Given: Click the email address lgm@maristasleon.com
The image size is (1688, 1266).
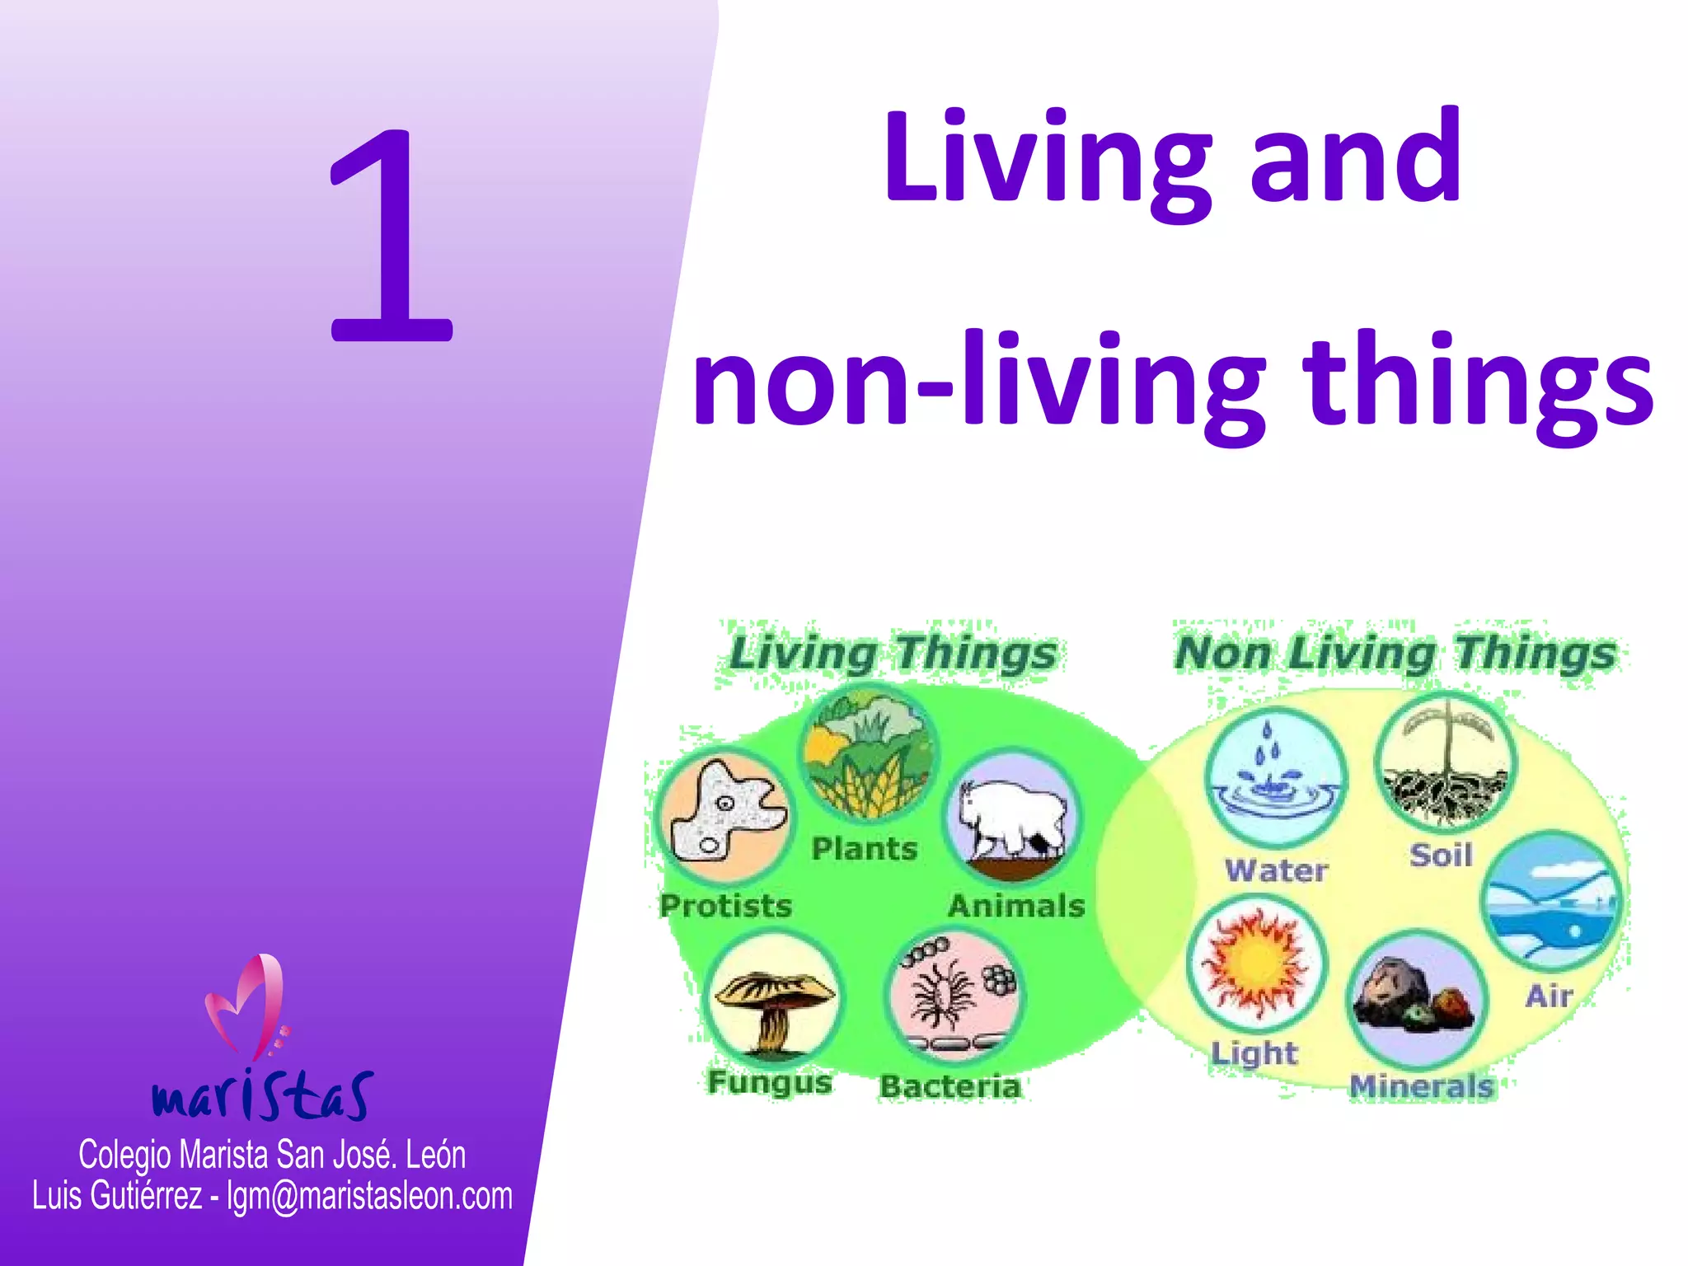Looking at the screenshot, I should [369, 1196].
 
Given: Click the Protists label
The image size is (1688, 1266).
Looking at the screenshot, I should [725, 906].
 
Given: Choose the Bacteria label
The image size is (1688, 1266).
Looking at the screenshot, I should [949, 1086].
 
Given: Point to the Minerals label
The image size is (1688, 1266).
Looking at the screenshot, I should [1421, 1086].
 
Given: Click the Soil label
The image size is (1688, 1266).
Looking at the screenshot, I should [1441, 856].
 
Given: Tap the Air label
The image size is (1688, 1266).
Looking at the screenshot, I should [1548, 996].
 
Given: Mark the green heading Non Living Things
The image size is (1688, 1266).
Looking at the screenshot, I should [1395, 653].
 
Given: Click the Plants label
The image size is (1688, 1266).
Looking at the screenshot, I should [864, 849].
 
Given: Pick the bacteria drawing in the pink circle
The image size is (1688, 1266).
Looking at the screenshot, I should [954, 996].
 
